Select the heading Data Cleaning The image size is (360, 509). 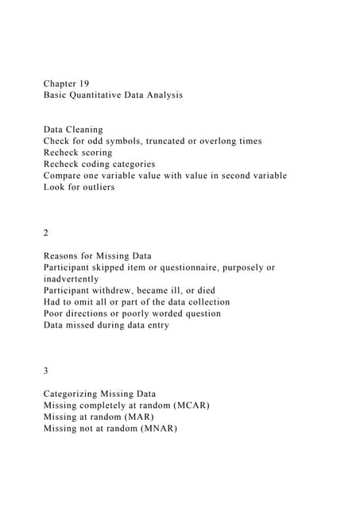73,129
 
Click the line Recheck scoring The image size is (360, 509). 78,152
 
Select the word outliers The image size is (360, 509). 96,187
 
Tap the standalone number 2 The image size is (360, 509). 46,233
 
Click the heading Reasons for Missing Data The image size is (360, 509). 95,256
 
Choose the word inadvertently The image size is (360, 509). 72,279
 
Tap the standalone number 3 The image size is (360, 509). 46,371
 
